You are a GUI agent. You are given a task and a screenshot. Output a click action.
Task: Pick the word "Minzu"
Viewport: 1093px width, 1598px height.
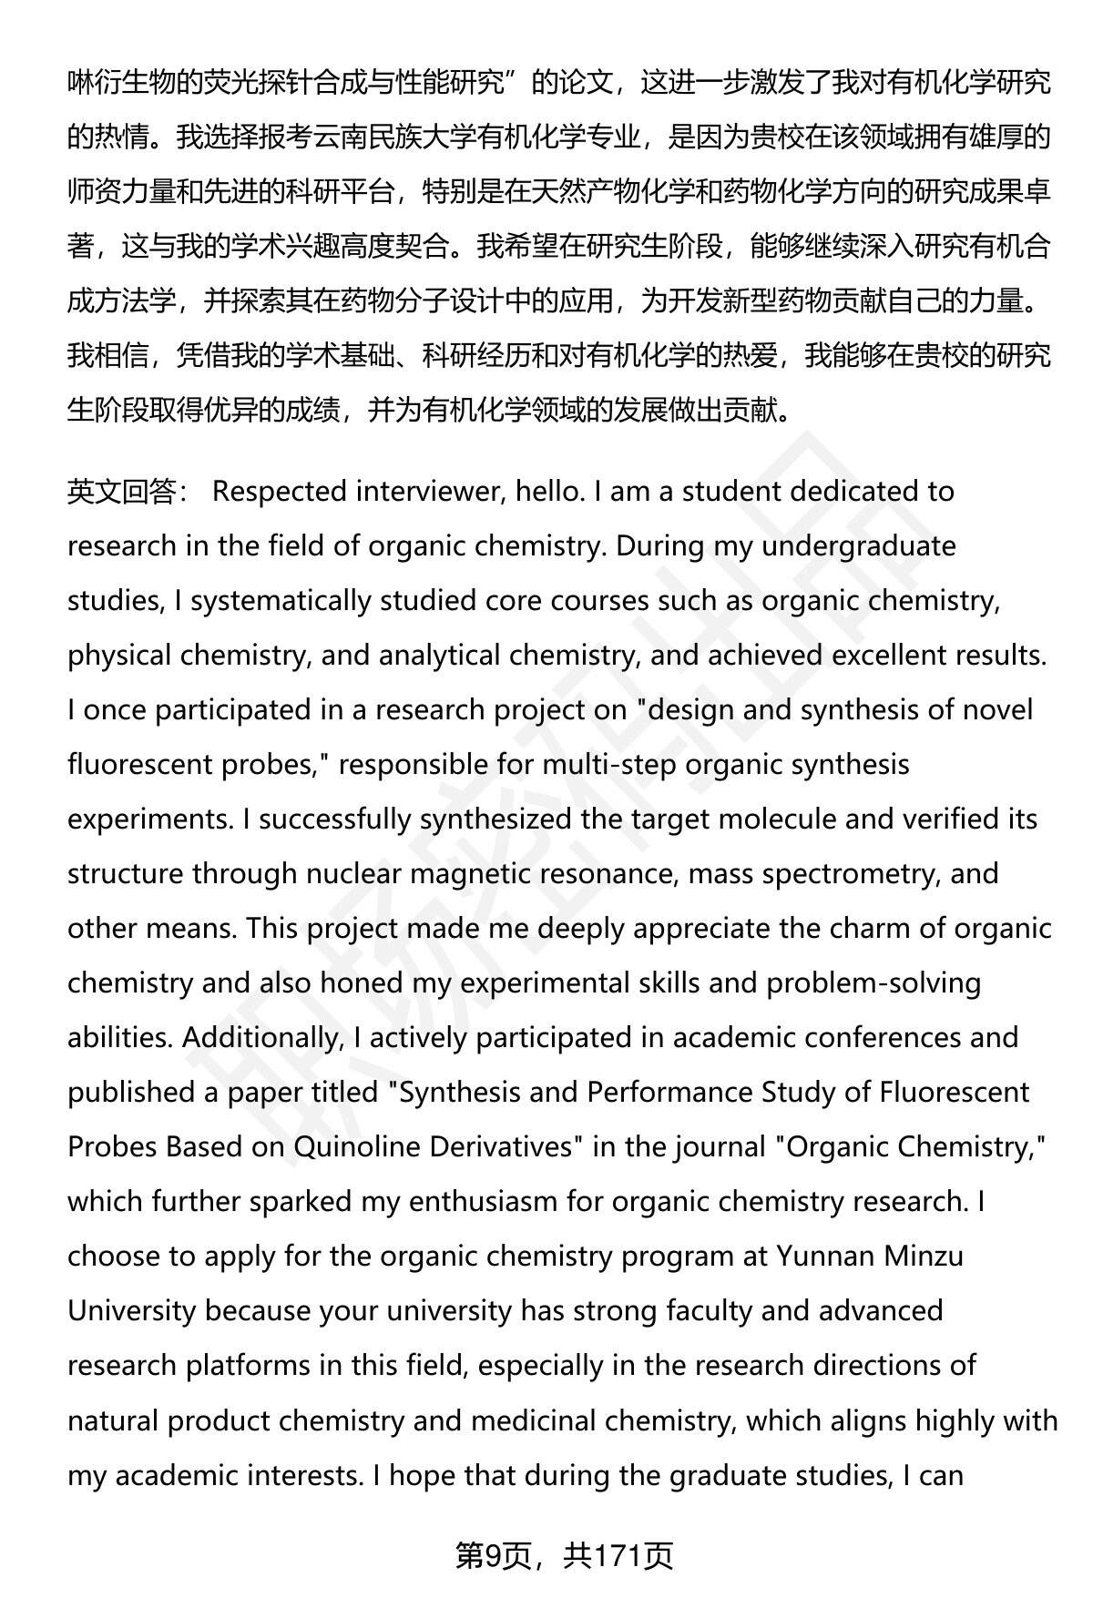[924, 1257]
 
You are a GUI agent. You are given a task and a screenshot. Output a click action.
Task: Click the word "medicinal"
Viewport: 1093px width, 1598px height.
[528, 1420]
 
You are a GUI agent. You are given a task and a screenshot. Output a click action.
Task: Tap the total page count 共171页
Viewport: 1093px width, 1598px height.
[618, 1556]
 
